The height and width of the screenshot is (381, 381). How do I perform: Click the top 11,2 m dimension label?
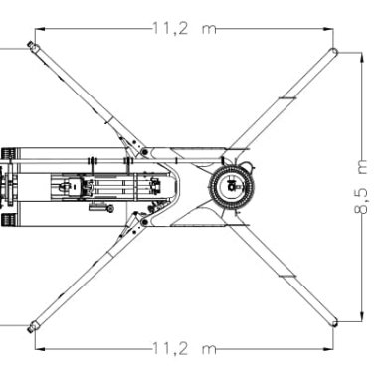click(x=184, y=29)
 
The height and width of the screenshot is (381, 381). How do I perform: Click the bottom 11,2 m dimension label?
click(x=184, y=349)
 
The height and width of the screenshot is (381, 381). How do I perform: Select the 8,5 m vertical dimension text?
click(x=361, y=187)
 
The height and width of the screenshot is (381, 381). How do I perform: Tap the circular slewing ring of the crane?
click(x=232, y=186)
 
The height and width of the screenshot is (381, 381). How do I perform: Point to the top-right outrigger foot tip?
click(x=333, y=52)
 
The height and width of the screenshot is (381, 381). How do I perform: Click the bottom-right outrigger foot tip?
click(x=334, y=322)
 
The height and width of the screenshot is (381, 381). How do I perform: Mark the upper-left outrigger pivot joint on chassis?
click(x=144, y=152)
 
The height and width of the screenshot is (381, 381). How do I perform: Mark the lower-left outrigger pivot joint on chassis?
click(x=144, y=221)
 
